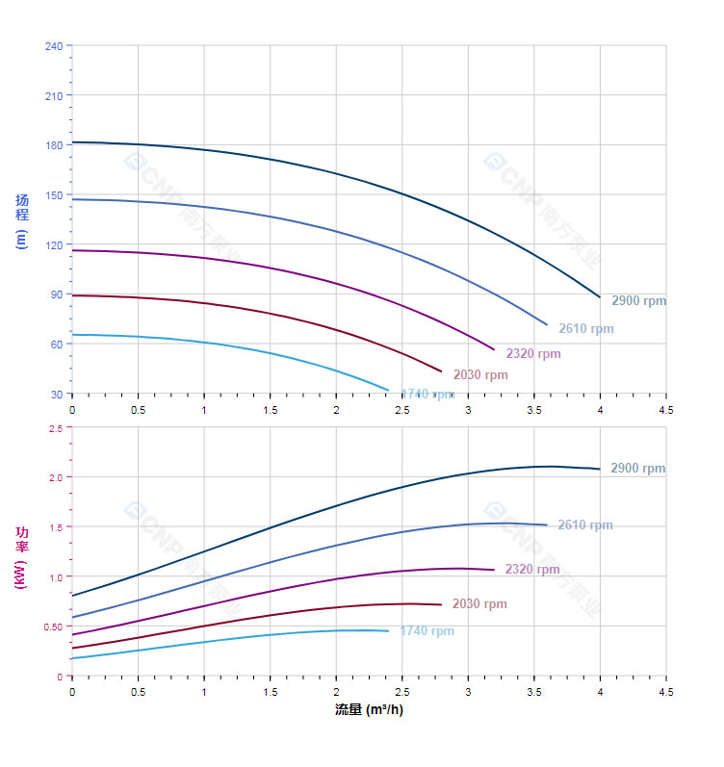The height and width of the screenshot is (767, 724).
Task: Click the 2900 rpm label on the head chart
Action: click(x=638, y=301)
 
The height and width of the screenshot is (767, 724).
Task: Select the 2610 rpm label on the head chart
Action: click(x=585, y=329)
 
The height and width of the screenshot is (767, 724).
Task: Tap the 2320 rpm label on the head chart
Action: click(x=533, y=354)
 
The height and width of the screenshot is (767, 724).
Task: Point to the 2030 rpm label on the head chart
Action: click(x=480, y=375)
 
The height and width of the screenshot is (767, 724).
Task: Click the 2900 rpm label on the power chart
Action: click(x=637, y=469)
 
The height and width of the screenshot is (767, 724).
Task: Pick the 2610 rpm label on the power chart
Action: click(x=585, y=525)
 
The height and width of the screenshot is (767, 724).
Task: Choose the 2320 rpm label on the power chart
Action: click(x=532, y=570)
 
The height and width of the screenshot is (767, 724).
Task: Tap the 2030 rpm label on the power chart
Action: click(x=479, y=604)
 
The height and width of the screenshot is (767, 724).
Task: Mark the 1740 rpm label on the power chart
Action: click(x=427, y=631)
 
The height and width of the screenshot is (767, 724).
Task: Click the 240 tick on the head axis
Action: click(x=53, y=46)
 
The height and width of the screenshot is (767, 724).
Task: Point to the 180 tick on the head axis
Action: click(x=53, y=145)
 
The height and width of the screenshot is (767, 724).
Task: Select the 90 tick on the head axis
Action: click(x=55, y=294)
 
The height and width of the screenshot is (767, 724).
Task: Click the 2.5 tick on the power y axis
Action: click(x=55, y=428)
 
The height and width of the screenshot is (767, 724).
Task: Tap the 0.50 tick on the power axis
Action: click(x=52, y=626)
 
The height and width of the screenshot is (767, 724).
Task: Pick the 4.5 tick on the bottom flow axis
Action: click(x=666, y=692)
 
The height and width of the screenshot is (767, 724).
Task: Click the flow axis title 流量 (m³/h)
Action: click(x=369, y=710)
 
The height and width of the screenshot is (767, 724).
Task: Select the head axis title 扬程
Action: click(x=22, y=208)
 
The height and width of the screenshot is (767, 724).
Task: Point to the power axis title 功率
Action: click(x=21, y=540)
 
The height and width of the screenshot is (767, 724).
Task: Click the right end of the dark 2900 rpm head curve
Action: click(x=600, y=296)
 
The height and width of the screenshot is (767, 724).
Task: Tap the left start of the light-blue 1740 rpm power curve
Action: click(x=73, y=658)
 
